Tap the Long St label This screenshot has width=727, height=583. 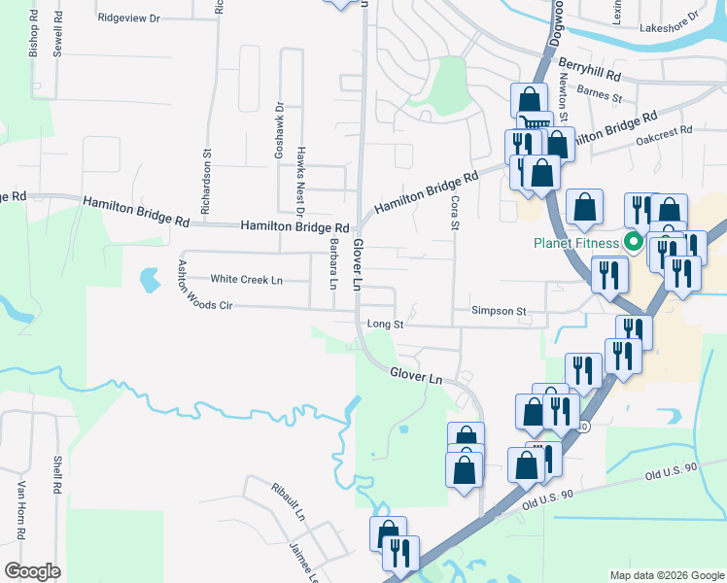pos(385,324)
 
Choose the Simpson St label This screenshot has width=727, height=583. pos(499,311)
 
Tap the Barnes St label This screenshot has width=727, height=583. pos(599,95)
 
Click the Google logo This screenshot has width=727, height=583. pos(32,571)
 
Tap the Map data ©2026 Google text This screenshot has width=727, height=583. pos(666,575)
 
